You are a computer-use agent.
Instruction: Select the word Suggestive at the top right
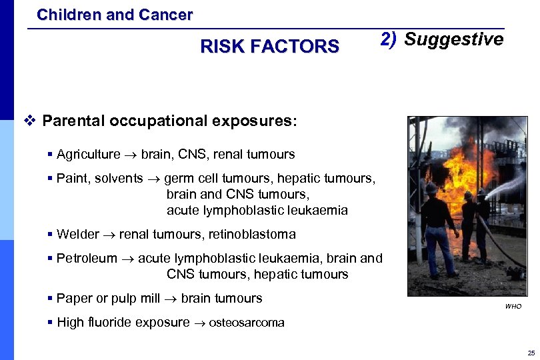tap(453, 39)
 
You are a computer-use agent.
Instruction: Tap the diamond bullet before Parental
tap(28, 121)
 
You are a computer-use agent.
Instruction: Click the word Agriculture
tap(89, 155)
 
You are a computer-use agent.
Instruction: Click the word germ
tap(178, 179)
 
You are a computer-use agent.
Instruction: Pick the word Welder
tap(77, 235)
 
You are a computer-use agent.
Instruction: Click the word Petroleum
tap(87, 259)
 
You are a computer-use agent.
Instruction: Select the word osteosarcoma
tap(247, 323)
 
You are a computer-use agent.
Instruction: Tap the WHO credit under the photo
tap(513, 307)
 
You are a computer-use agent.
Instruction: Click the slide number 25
tap(531, 353)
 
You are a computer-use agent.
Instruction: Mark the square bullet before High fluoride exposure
tap(51, 323)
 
